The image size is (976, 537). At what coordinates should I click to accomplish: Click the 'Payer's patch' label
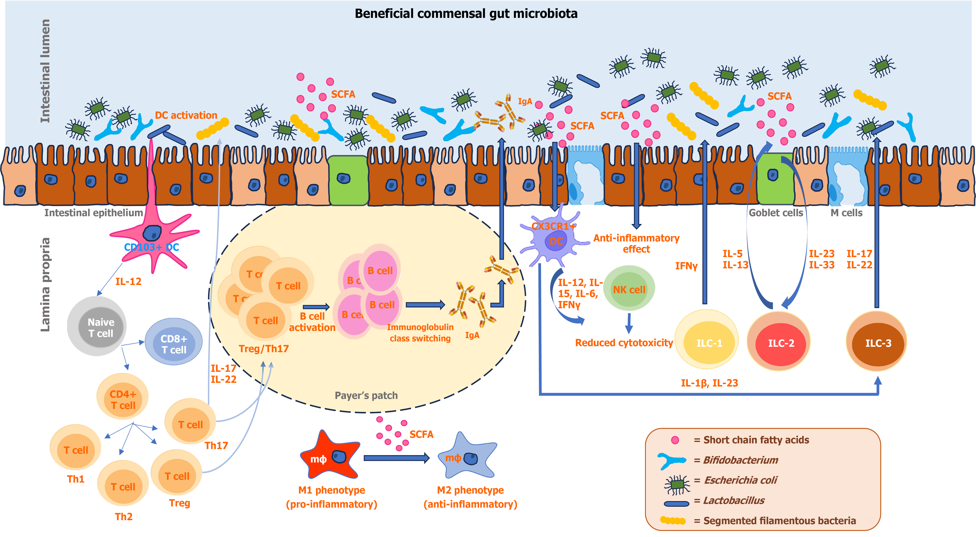(x=366, y=395)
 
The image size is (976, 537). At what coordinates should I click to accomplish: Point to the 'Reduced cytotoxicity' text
(x=624, y=343)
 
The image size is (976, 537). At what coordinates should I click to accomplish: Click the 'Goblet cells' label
(x=776, y=213)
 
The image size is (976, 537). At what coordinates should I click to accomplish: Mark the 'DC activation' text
(x=186, y=115)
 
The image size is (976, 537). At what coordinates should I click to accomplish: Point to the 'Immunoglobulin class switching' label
(x=420, y=333)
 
